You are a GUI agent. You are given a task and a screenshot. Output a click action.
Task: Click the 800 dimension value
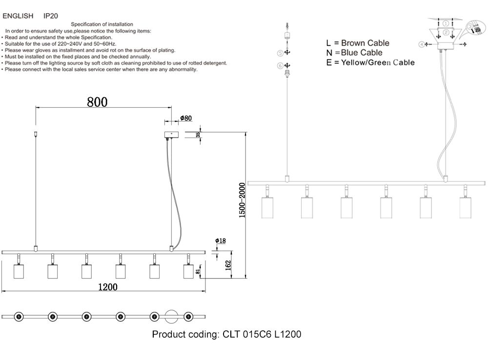97,101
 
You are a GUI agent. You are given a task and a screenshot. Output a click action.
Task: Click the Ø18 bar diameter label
220,241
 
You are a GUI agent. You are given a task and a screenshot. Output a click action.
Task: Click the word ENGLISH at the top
18,16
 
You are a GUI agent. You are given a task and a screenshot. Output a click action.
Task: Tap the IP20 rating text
51,16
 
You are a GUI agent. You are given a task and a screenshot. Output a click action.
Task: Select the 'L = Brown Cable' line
358,43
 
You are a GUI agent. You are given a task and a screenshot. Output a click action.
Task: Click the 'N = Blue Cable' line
355,53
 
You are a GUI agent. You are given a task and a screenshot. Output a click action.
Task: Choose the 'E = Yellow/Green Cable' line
371,62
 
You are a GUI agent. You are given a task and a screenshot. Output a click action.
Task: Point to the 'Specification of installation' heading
102,24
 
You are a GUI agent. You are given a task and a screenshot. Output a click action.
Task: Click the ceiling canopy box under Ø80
171,134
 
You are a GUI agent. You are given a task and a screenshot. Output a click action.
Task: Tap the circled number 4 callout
421,44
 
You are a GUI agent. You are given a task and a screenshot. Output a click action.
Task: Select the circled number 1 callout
446,23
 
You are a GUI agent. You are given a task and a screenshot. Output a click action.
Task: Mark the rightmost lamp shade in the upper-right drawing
467,208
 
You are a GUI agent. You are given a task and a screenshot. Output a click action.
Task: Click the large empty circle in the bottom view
172,316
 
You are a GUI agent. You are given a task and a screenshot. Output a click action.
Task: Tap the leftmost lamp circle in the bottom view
19,316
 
